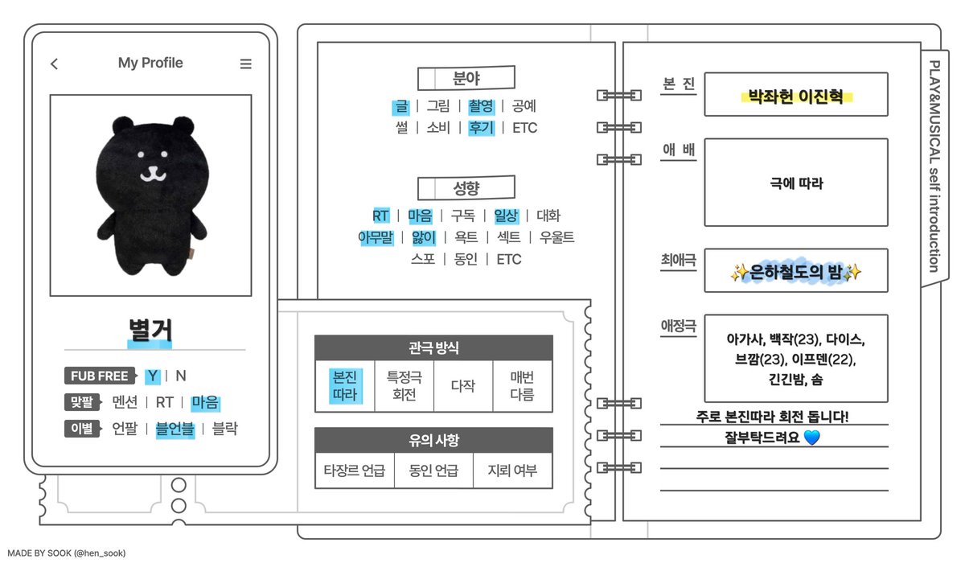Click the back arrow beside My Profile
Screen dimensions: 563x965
point(54,64)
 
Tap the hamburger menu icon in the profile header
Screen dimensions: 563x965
point(246,64)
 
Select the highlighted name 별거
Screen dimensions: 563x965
point(150,331)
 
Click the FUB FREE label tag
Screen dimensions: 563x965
point(100,376)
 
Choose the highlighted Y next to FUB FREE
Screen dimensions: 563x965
point(152,376)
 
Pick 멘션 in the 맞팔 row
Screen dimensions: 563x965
point(125,402)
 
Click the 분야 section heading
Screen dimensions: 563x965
point(466,79)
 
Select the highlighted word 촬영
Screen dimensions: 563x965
point(481,105)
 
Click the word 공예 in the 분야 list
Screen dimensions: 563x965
point(524,105)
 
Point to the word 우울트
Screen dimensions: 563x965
point(557,237)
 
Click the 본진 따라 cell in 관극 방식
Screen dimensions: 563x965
point(344,386)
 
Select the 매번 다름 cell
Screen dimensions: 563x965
point(522,386)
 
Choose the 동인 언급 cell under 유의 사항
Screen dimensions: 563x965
point(433,471)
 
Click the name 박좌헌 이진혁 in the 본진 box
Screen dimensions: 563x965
point(795,97)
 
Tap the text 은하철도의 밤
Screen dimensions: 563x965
point(795,273)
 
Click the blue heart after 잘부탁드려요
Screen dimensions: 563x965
point(811,438)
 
